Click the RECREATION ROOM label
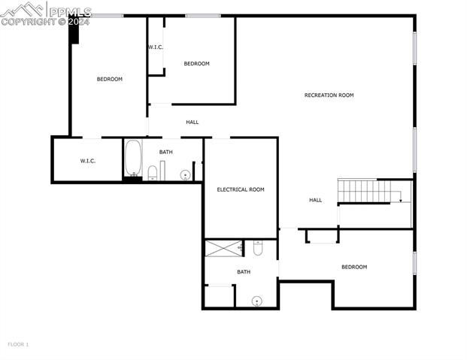coord(329,95)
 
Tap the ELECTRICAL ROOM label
coord(241,189)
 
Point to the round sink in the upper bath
coord(185,175)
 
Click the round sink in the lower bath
coord(256,301)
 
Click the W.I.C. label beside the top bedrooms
coord(156,47)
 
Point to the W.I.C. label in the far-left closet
coord(88,161)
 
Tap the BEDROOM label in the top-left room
coord(109,79)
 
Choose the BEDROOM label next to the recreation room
coord(197,64)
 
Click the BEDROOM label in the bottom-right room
coord(354,267)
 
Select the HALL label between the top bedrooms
coord(193,122)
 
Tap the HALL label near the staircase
coord(315,200)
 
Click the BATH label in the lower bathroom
coord(244,272)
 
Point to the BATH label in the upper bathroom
coord(165,152)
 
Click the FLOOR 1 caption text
coord(18,344)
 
